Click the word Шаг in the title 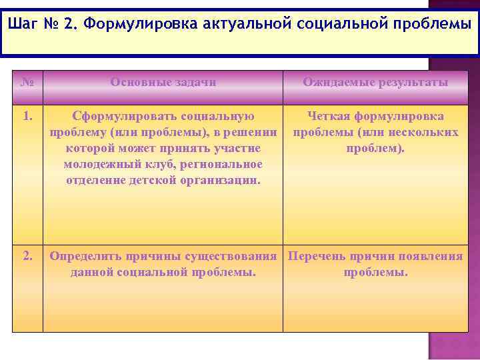coord(27,25)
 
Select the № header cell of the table coord(27,83)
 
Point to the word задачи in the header coord(193,83)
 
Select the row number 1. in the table coord(27,117)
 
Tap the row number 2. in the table coord(27,256)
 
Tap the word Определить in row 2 coord(83,257)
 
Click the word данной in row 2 coord(92,272)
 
